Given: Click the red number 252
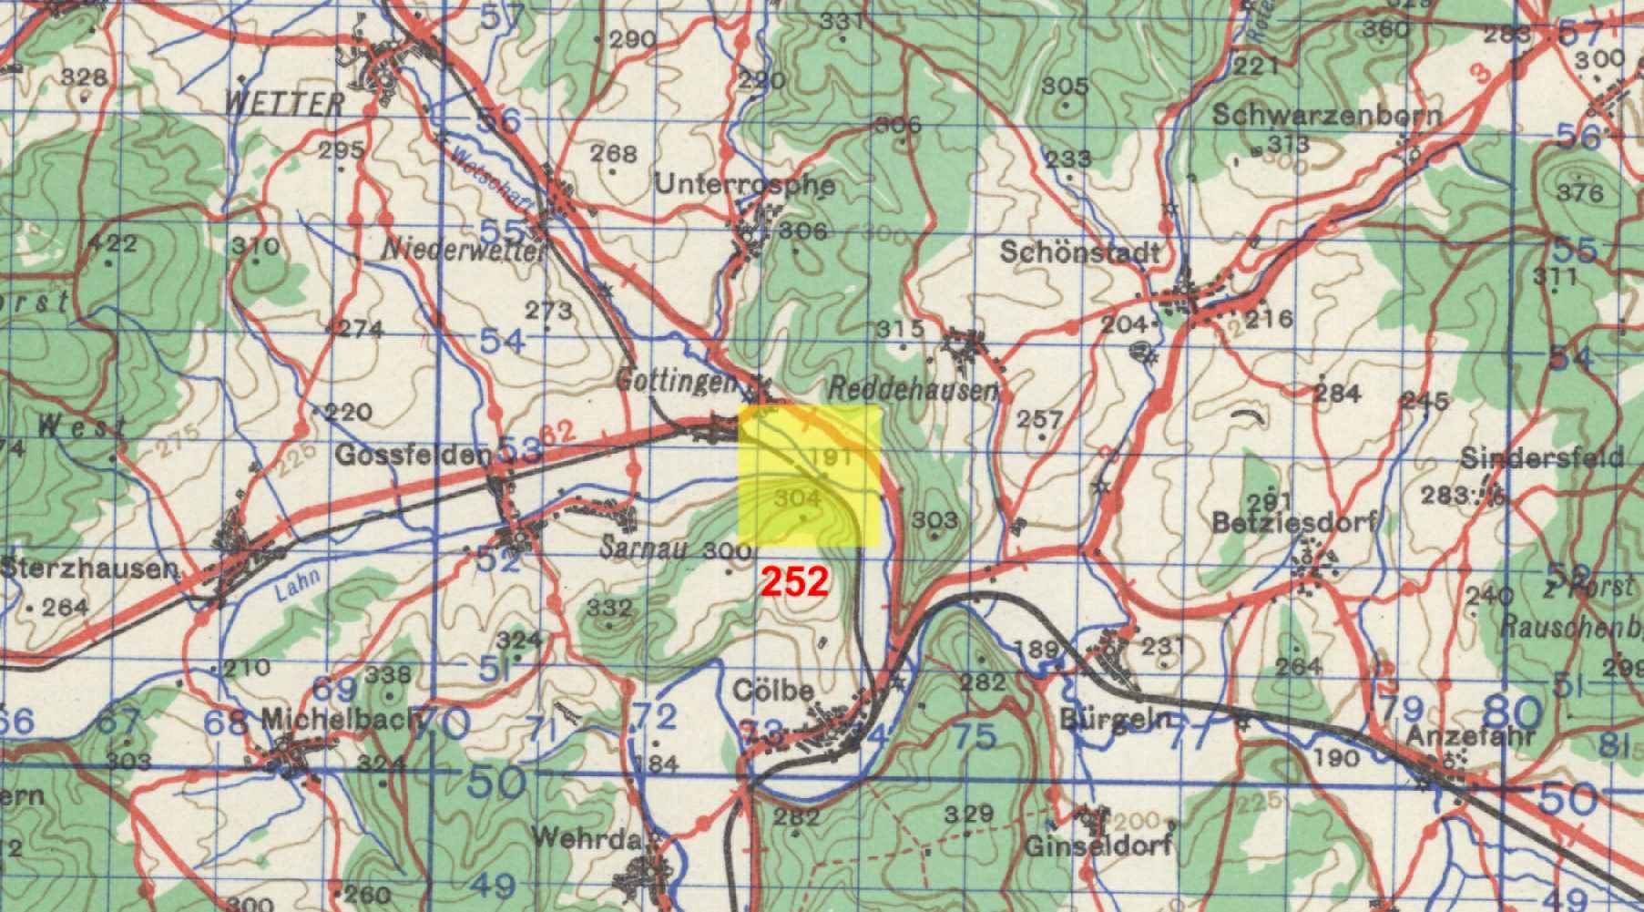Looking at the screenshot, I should point(796,581).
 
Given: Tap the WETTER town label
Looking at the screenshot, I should point(284,103).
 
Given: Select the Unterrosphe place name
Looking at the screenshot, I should point(744,185).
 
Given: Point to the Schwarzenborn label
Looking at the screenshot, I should point(1327,116).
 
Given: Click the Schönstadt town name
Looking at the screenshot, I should point(1081,252).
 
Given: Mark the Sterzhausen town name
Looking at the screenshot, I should point(89,569).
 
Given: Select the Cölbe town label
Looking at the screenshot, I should point(773,692).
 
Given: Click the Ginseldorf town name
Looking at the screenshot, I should point(1098,846).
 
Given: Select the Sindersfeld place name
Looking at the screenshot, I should point(1542,457).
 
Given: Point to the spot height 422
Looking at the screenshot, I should point(112,243).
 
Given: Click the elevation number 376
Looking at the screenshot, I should point(1579,192).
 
